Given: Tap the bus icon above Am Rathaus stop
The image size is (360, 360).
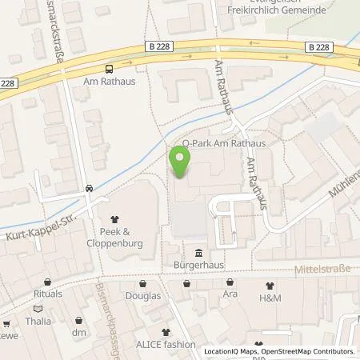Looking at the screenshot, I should click(x=109, y=70).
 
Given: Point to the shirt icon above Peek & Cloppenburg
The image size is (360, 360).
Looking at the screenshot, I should click(x=114, y=216).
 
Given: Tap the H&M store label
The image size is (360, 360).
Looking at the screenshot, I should click(x=270, y=298).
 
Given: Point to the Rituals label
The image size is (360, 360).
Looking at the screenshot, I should click(x=48, y=294).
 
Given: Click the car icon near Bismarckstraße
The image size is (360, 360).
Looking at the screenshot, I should click(x=89, y=189).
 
